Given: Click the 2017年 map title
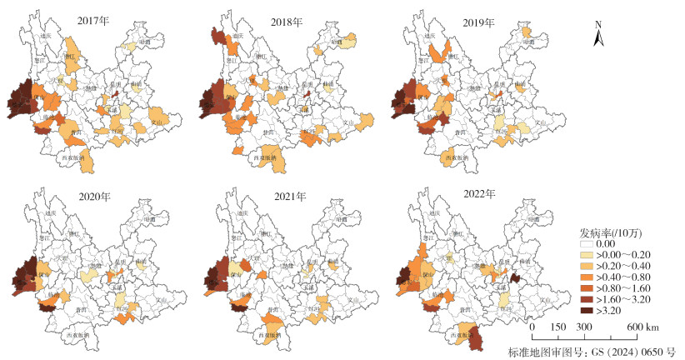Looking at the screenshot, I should click(92, 18).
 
